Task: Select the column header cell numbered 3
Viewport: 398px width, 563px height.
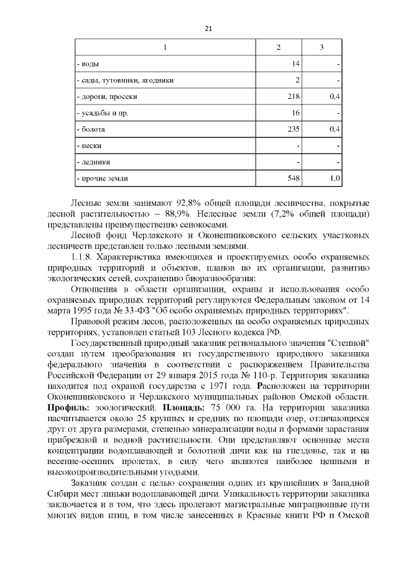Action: coord(321,48)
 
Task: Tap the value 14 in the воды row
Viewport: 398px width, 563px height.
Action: coord(295,64)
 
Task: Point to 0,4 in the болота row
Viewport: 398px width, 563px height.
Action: coord(333,129)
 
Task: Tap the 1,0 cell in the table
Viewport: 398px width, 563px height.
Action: coord(334,179)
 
